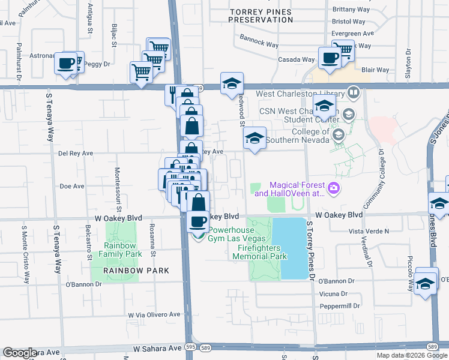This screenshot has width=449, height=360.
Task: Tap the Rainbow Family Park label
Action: pos(122,250)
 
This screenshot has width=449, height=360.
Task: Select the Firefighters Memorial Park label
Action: pos(259,251)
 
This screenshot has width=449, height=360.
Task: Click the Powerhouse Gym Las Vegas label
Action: pos(236,233)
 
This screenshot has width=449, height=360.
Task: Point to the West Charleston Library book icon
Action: pos(354,94)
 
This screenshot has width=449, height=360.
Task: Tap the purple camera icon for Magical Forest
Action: pos(333,189)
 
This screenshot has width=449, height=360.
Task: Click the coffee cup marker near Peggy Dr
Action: pos(66,63)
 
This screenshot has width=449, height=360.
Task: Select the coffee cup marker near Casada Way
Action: pos(329,58)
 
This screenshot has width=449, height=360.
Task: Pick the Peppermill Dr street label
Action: pos(340,305)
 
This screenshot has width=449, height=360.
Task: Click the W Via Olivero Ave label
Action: pos(154,314)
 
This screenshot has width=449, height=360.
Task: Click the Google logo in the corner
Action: pos(20,353)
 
